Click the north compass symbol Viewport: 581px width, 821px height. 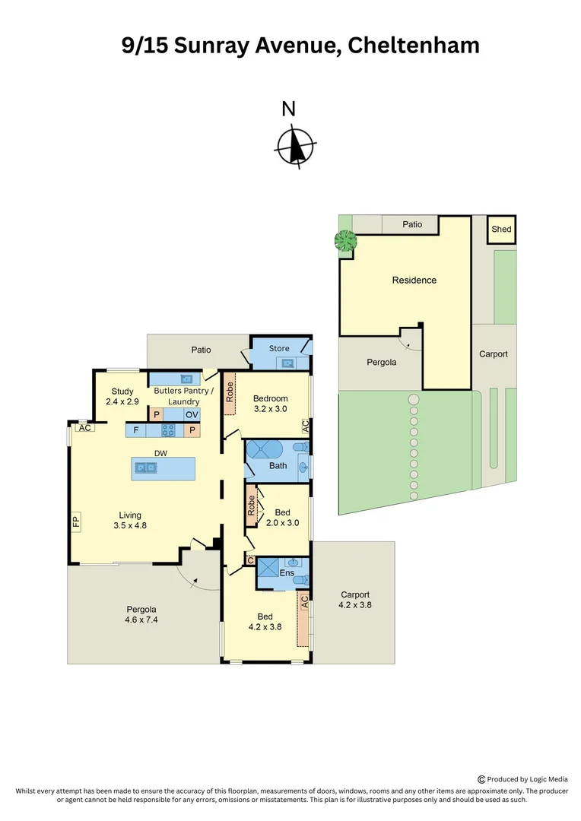[x=294, y=144]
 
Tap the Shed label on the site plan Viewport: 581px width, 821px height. [x=501, y=229]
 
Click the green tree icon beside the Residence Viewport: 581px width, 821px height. [x=346, y=242]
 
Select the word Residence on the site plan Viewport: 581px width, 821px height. [x=414, y=280]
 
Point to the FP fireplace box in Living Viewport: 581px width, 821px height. [x=75, y=522]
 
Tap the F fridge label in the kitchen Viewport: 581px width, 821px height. [x=137, y=430]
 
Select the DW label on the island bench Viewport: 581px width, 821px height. [x=160, y=453]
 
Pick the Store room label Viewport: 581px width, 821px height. [x=279, y=348]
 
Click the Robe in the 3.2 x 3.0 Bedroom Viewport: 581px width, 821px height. [x=229, y=392]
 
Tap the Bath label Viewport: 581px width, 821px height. [x=278, y=465]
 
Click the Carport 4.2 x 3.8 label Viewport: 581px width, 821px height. [x=354, y=600]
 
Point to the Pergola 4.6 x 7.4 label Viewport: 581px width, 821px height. [x=141, y=614]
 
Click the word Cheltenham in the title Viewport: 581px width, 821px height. [x=414, y=45]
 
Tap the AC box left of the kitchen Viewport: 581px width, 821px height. [x=84, y=427]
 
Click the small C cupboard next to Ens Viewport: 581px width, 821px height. [x=251, y=561]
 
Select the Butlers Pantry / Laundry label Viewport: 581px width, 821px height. [x=183, y=396]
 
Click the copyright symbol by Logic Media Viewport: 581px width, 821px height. [x=481, y=778]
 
